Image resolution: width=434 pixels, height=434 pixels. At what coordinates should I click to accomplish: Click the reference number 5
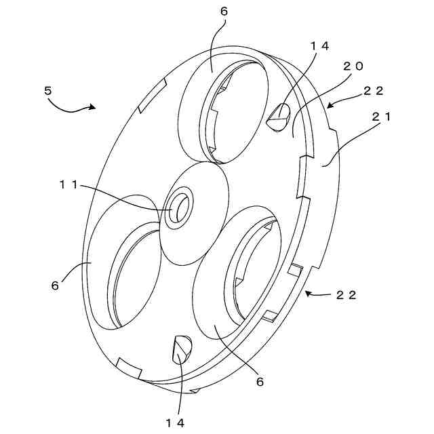pos(48,90)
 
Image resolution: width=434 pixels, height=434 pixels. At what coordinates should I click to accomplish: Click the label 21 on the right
pos(381,116)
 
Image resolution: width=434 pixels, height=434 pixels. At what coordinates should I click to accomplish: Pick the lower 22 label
pos(347,295)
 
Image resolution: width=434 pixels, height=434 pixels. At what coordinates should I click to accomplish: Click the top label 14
pos(319,45)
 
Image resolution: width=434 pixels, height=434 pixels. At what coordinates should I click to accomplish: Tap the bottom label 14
pos(175,421)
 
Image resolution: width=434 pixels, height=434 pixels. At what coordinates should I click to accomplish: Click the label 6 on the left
pos(55,285)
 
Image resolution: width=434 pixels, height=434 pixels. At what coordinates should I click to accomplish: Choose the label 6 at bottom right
pos(259,381)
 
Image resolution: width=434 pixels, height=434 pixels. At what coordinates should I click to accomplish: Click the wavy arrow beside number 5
pos(75,107)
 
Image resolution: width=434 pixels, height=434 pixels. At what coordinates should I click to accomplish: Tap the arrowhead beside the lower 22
pos(307,294)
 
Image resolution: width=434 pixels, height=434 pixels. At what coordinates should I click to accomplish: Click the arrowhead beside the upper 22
pos(330,105)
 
